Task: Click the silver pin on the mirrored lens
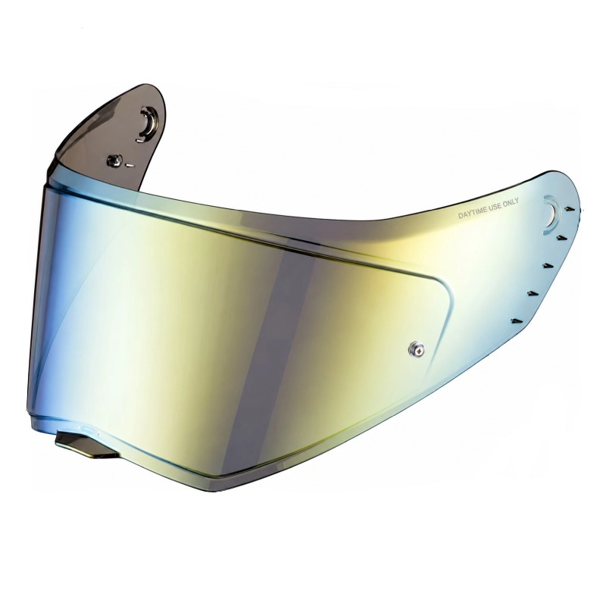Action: pyautogui.click(x=416, y=348)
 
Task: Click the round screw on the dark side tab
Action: pyautogui.click(x=115, y=161)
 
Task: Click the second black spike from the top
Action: pyautogui.click(x=561, y=236)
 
